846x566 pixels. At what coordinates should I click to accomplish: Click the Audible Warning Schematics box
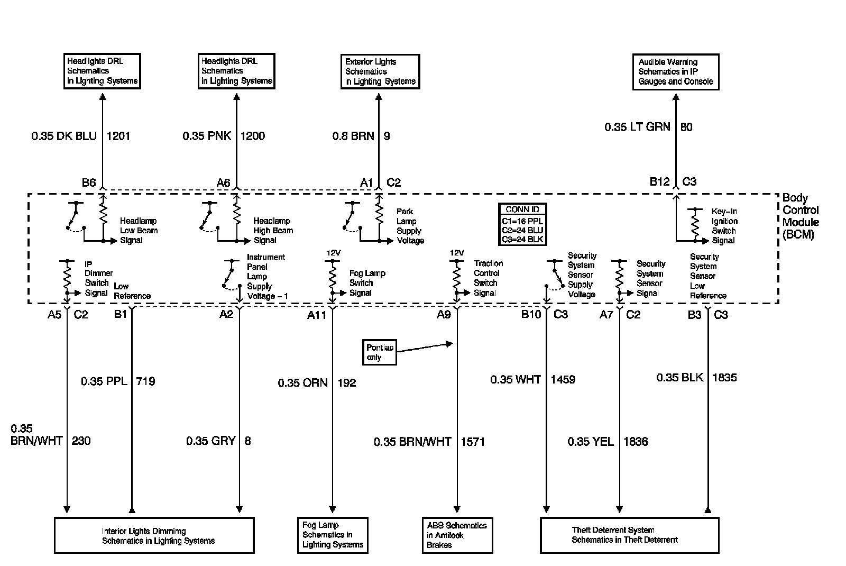click(676, 71)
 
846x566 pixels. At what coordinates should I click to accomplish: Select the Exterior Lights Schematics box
click(380, 71)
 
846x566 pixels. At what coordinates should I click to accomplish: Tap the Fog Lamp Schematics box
click(333, 535)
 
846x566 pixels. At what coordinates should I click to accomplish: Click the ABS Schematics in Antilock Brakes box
click(457, 535)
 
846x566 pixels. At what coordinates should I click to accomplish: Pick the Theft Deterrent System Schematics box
click(629, 535)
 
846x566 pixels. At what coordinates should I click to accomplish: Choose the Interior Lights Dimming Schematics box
click(154, 535)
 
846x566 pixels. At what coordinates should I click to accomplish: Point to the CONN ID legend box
click(522, 224)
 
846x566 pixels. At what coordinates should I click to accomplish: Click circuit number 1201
click(118, 136)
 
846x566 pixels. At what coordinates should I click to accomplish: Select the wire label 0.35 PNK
click(207, 136)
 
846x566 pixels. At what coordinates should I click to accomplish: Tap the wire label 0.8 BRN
click(353, 136)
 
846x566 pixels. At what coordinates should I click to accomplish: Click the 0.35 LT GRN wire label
click(637, 127)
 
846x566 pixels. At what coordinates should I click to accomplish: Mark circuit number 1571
click(473, 442)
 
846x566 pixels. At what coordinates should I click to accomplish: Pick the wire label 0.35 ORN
click(303, 382)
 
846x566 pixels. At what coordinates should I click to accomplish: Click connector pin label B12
click(659, 182)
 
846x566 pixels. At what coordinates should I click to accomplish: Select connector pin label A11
click(317, 315)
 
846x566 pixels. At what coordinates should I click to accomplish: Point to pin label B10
click(531, 315)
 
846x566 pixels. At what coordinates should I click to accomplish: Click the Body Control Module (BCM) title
click(801, 216)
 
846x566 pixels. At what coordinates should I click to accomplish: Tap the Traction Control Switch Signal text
click(488, 278)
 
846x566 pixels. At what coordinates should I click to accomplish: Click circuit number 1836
click(635, 442)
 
